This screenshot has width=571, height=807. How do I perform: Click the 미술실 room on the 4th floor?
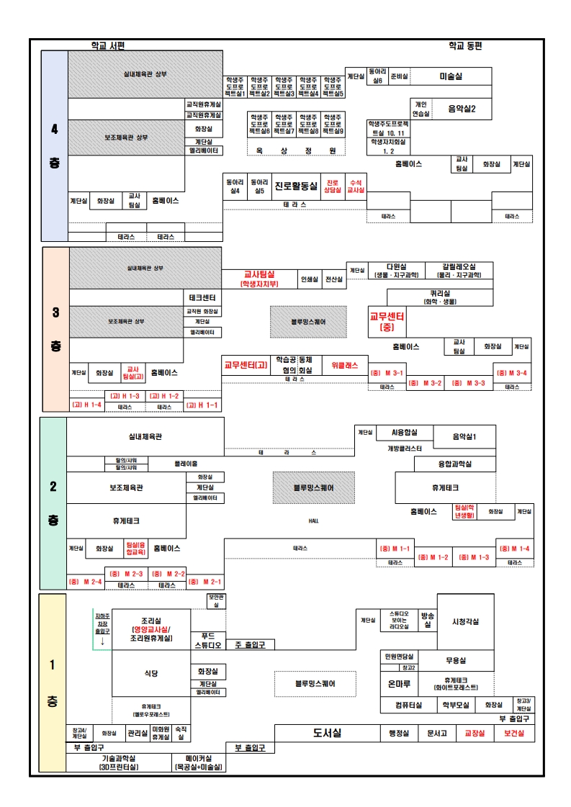pos(451,76)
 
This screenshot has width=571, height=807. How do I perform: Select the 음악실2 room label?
pos(462,109)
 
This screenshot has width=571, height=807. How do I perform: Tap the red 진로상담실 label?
pos(332,186)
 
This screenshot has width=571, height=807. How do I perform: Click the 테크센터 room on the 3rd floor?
pos(202,297)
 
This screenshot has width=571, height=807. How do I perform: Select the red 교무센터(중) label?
pos(387,321)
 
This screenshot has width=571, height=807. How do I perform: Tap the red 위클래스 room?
pos(344,365)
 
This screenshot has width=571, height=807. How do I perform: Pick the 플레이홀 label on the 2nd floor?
pos(185,464)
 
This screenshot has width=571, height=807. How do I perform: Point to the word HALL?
pos(313,520)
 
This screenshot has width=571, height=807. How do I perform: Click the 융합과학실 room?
pos(455,464)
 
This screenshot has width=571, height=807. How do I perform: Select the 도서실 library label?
pos(327,733)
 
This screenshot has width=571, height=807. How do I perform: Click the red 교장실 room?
pos(475,733)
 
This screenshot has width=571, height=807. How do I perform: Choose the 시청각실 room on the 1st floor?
pos(465,621)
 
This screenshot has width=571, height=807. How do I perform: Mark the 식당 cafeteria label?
pos(150,672)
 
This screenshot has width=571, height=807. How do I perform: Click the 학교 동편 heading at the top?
pos(465,45)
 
